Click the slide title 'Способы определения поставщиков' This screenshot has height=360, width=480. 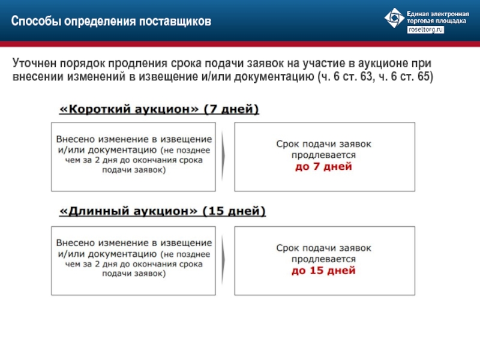point(111,21)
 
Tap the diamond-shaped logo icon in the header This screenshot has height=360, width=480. point(394,18)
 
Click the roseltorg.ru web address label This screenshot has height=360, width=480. point(425,29)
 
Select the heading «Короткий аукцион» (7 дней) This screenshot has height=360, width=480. point(159,109)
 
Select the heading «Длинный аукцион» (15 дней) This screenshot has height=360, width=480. point(163,211)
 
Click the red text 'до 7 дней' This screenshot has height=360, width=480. point(323,167)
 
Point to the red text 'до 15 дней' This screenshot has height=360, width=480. point(323,271)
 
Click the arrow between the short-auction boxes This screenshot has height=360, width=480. point(223,156)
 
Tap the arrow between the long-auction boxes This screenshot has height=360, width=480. point(223,260)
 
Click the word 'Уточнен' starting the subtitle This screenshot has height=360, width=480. point(35,63)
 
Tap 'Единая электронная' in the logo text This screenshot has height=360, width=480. point(438,14)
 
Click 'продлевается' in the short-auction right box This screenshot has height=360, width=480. point(323,155)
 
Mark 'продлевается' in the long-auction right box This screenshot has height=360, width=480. point(323,259)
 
